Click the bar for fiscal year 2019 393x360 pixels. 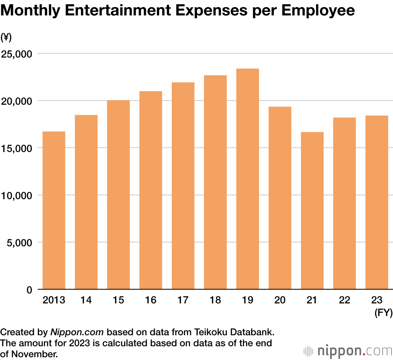(248, 179)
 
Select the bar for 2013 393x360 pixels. (54, 210)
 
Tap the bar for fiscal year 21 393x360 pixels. (312, 211)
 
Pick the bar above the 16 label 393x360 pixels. (151, 190)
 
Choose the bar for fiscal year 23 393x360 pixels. (376, 202)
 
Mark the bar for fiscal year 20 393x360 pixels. (280, 198)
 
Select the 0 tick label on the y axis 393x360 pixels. (29, 290)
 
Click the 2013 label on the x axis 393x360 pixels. (54, 300)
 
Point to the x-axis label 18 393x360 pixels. (215, 300)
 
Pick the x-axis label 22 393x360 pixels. (344, 300)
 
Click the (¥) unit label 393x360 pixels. (6, 37)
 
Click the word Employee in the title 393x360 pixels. (318, 11)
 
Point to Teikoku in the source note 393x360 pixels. (210, 332)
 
